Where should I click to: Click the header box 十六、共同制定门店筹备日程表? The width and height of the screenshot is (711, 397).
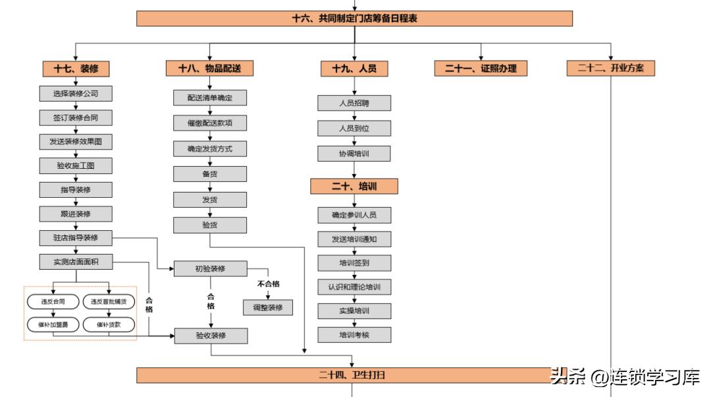click(354, 18)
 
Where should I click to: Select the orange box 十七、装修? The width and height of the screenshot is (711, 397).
click(76, 69)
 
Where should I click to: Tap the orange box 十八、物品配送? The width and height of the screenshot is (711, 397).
click(210, 69)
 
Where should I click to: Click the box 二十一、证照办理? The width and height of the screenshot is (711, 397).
click(481, 69)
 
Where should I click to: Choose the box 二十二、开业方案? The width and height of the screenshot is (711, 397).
click(610, 69)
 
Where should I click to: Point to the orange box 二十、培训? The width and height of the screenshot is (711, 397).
click(354, 187)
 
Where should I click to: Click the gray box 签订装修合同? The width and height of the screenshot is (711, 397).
click(76, 118)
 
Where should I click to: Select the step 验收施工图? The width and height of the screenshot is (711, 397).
click(76, 166)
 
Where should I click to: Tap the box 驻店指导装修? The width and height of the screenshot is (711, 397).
click(76, 238)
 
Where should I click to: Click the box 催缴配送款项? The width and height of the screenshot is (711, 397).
click(210, 123)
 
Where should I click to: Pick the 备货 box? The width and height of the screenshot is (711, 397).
click(210, 174)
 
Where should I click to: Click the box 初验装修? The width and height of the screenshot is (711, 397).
click(210, 269)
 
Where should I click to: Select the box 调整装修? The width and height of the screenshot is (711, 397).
click(268, 307)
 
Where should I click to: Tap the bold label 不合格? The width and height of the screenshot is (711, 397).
click(268, 284)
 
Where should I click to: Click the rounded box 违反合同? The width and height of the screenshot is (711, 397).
click(52, 302)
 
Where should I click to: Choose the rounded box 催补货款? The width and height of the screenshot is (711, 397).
click(109, 324)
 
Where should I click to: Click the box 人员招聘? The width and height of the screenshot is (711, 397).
click(354, 104)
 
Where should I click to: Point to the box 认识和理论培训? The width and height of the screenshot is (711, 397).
click(354, 288)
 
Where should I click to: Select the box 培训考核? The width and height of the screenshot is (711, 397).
click(354, 335)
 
